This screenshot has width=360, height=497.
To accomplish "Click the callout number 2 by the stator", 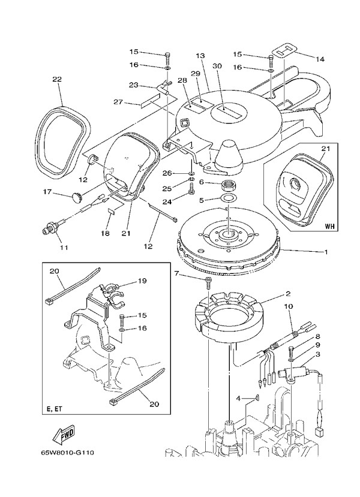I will pos(288,294).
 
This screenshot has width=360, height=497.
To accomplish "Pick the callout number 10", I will pos(288,307).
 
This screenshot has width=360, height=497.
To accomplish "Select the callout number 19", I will pos(142,280).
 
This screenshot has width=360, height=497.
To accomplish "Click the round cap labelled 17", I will pos(76,195).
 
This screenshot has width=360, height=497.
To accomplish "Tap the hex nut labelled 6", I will pos(229,183).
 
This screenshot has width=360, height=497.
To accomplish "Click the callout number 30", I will pos(217,66).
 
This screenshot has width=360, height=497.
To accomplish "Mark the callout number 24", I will pos(168,202).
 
